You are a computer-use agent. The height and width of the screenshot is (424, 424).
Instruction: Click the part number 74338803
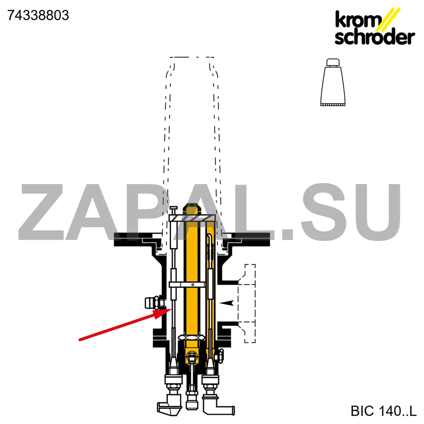(38, 15)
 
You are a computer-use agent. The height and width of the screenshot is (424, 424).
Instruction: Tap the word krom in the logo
(358, 19)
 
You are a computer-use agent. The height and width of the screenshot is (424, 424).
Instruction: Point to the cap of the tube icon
(333, 62)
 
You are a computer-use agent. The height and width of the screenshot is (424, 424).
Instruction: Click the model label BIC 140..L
(383, 411)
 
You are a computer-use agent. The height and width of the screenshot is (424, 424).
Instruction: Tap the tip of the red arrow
(171, 309)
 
